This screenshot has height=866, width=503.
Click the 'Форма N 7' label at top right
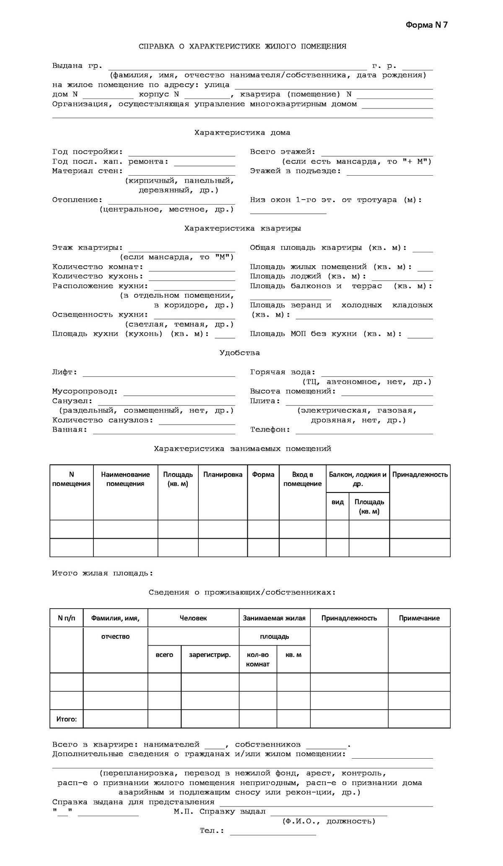coord(426,25)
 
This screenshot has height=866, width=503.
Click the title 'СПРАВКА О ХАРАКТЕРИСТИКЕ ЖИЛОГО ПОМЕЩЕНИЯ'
coord(242,47)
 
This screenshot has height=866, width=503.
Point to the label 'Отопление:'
coord(77,200)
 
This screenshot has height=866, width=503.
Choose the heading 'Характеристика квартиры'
coord(242,229)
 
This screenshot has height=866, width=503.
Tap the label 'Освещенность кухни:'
coord(100,315)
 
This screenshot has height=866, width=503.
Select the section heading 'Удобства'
coord(239,353)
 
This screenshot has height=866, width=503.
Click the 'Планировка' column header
coord(223,475)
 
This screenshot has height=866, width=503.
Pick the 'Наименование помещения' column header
coord(125,479)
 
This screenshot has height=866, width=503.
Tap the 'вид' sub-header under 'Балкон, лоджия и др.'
coord(337,502)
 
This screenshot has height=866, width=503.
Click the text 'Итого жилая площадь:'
coord(103,573)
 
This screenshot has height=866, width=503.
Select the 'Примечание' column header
coord(419,618)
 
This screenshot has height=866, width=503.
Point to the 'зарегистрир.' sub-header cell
coord(210,655)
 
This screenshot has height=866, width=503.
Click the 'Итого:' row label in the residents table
coord(67,719)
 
